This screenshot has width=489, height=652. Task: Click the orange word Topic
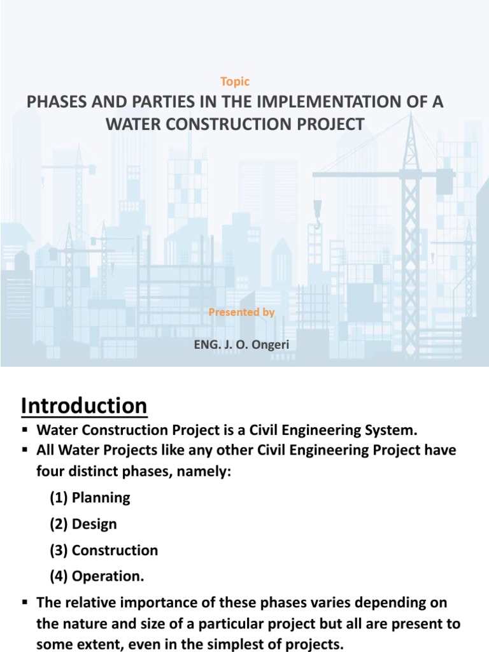pyautogui.click(x=235, y=81)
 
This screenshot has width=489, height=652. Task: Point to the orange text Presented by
pyautogui.click(x=241, y=313)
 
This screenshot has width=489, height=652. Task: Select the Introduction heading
pyautogui.click(x=84, y=405)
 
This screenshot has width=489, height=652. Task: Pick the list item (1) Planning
pyautogui.click(x=90, y=498)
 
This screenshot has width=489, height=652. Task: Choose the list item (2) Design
pyautogui.click(x=83, y=524)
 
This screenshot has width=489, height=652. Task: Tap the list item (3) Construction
pyautogui.click(x=104, y=550)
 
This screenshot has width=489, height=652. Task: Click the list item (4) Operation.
pyautogui.click(x=97, y=577)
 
